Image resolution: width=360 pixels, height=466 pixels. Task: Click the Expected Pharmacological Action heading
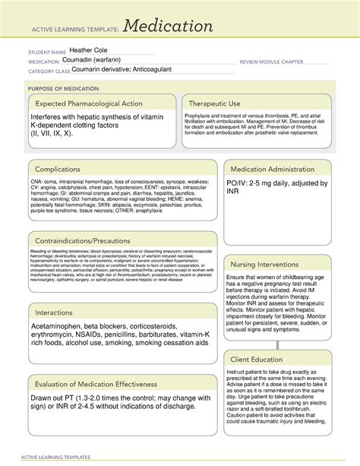tap(89, 103)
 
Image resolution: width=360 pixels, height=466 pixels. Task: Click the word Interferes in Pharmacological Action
tap(54, 117)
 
